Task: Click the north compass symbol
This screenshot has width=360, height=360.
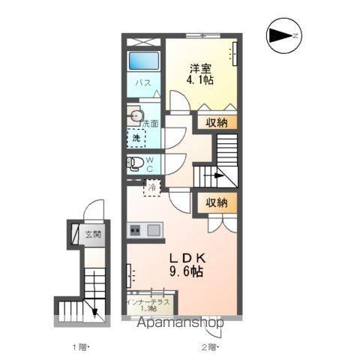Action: click(x=284, y=35)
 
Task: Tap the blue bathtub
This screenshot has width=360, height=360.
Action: click(x=144, y=61)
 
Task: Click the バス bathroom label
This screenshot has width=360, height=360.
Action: click(x=143, y=82)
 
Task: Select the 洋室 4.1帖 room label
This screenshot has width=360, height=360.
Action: click(x=200, y=74)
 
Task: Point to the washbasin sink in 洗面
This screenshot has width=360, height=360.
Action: click(x=135, y=115)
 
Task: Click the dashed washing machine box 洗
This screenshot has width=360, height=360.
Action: click(x=136, y=138)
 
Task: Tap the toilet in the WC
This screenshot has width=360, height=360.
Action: click(x=135, y=163)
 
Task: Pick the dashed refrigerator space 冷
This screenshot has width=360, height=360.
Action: click(x=151, y=187)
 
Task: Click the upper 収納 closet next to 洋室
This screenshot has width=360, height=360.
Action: click(x=217, y=122)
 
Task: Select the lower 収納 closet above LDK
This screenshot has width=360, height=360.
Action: click(x=217, y=202)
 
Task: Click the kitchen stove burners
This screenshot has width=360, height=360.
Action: click(x=135, y=229)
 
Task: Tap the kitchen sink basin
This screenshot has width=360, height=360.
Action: click(x=154, y=230)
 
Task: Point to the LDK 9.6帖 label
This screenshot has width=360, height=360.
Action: click(x=187, y=265)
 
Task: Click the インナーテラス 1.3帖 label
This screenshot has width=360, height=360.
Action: click(x=148, y=305)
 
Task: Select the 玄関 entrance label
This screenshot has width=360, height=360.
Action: click(x=93, y=234)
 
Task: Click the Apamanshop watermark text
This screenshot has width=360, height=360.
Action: click(x=181, y=322)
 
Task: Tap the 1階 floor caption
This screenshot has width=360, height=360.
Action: click(x=79, y=347)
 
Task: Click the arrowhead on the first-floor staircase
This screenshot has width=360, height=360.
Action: click(x=95, y=312)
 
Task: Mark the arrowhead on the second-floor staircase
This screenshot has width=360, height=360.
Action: click(x=219, y=175)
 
